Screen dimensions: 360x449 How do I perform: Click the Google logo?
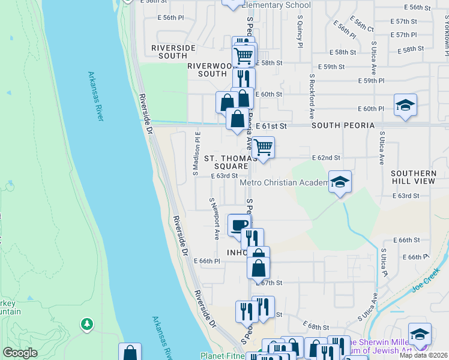[20, 353]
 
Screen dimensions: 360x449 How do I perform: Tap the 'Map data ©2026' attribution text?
[424, 355]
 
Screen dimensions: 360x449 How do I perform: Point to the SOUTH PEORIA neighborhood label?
[343, 125]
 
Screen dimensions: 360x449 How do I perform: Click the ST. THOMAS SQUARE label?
[226, 162]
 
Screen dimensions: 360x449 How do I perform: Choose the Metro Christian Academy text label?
[284, 182]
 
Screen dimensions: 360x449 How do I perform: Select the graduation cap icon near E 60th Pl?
[405, 105]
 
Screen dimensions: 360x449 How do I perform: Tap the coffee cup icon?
[239, 225]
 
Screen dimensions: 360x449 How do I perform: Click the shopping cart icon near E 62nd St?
[263, 146]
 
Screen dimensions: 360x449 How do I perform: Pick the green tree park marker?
[87, 324]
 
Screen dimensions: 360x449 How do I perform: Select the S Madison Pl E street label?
[196, 152]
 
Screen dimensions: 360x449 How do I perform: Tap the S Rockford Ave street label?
[312, 95]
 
